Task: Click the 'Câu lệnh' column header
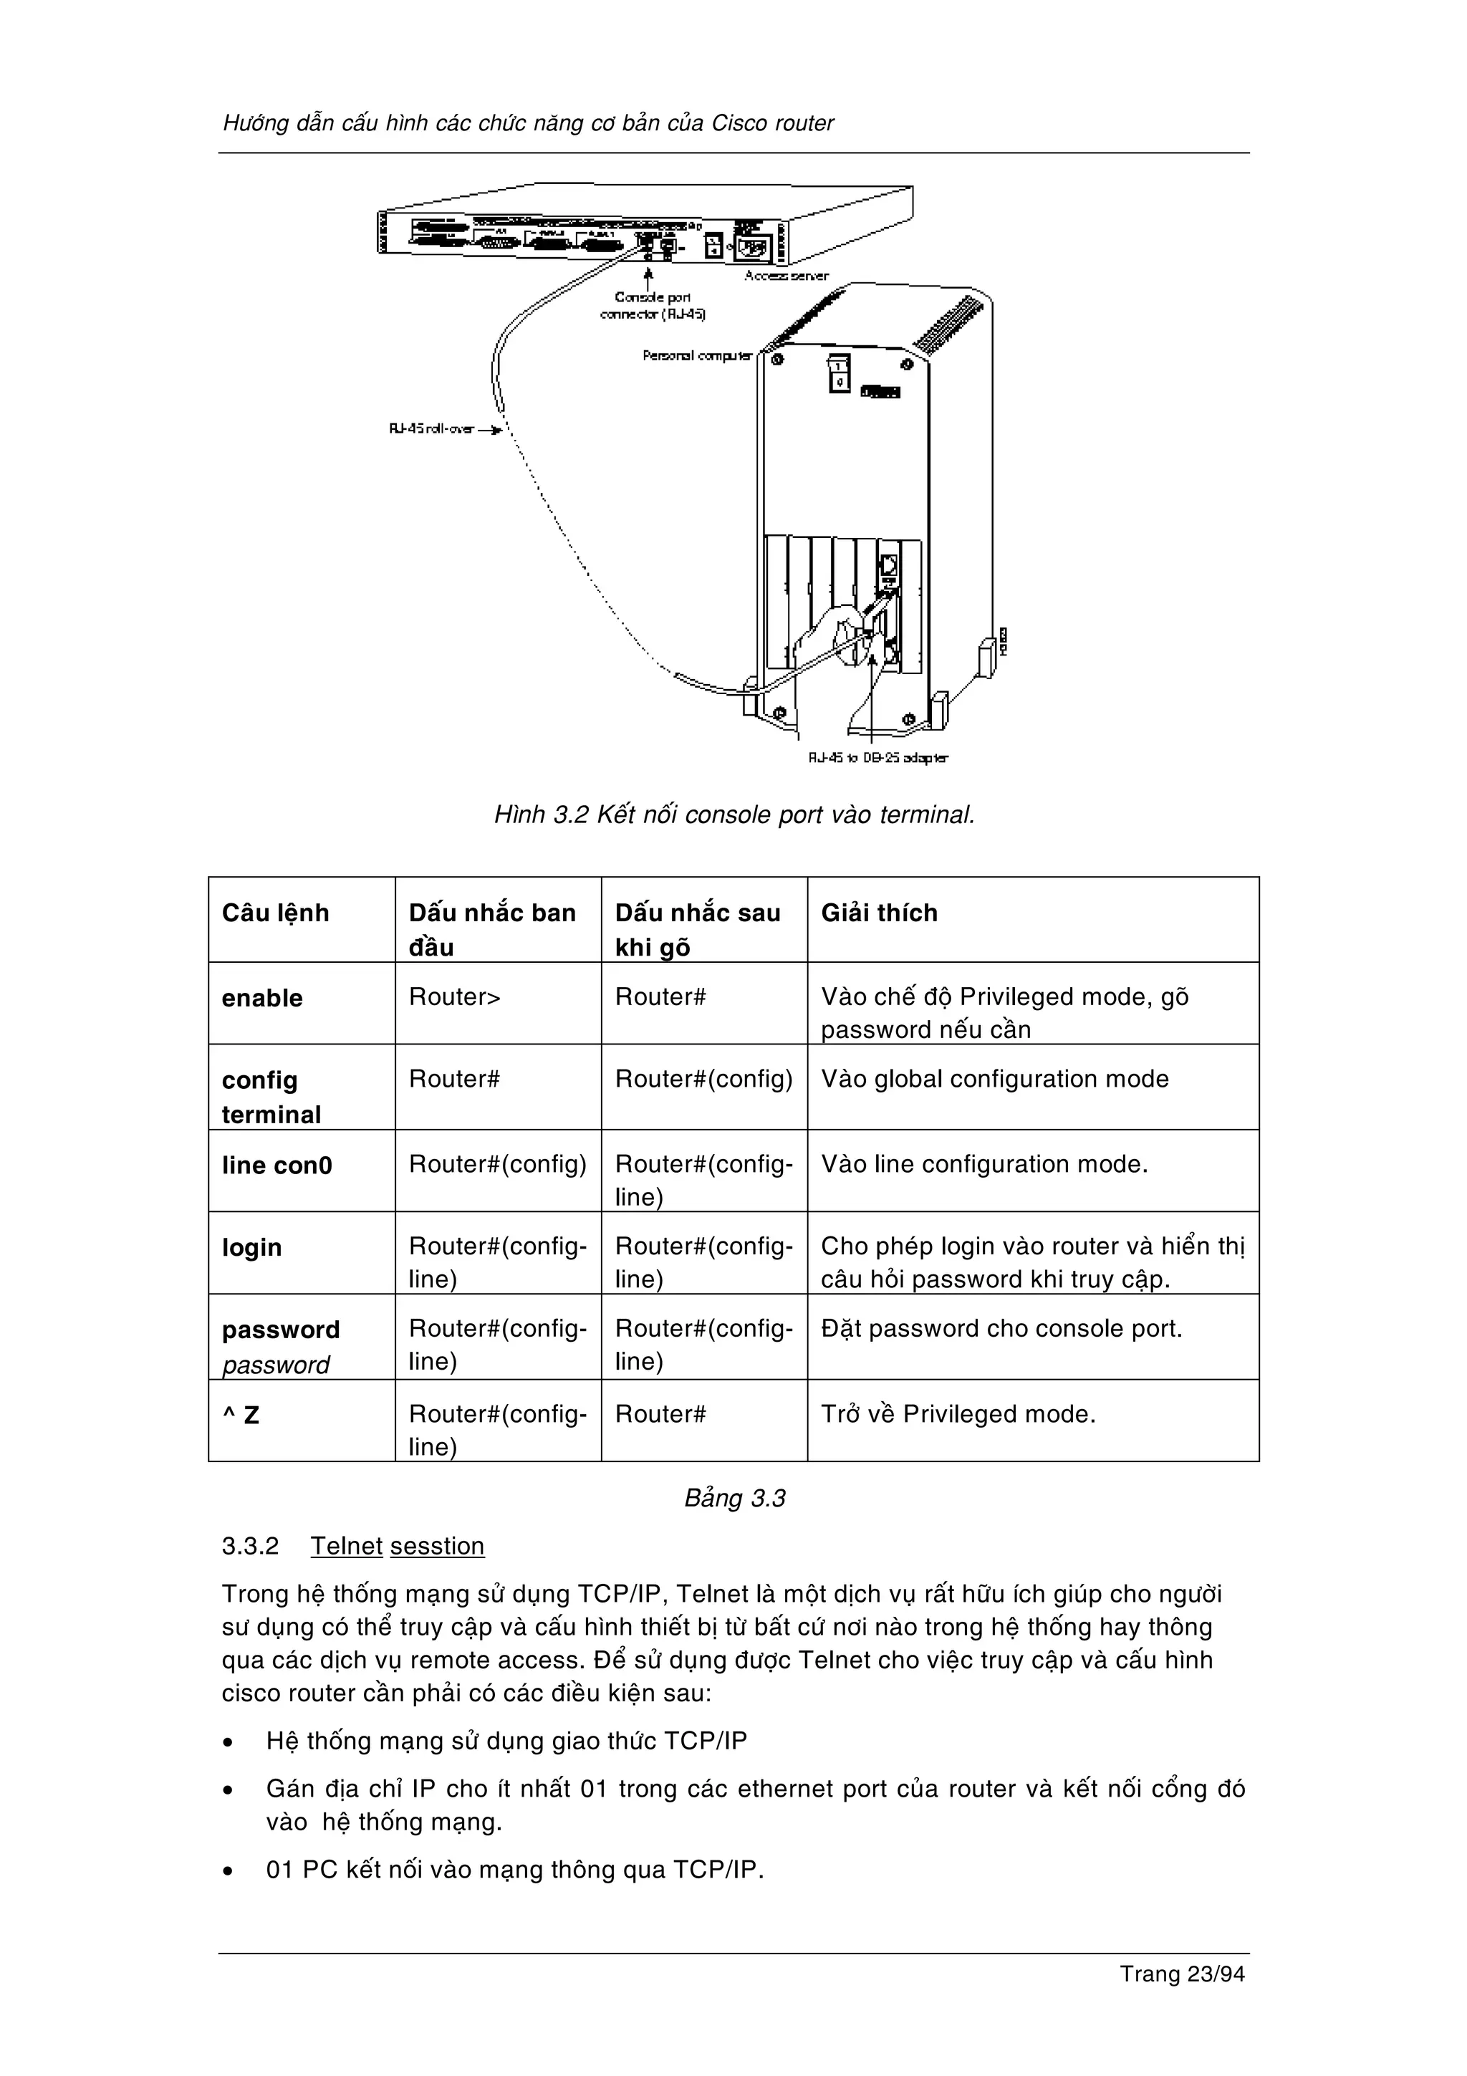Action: point(276,913)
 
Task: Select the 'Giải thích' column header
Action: point(879,913)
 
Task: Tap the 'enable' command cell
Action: point(262,998)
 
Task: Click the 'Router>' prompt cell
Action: point(455,997)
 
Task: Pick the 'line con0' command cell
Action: point(276,1166)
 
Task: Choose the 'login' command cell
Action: point(252,1248)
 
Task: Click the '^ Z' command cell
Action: point(241,1415)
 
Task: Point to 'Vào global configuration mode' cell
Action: point(994,1079)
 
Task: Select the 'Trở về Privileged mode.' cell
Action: point(958,1414)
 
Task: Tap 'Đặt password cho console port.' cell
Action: point(1001,1329)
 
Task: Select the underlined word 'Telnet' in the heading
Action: point(347,1546)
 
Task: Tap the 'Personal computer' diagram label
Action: point(697,356)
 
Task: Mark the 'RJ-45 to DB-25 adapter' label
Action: point(877,758)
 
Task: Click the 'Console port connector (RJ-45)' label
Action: point(653,306)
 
